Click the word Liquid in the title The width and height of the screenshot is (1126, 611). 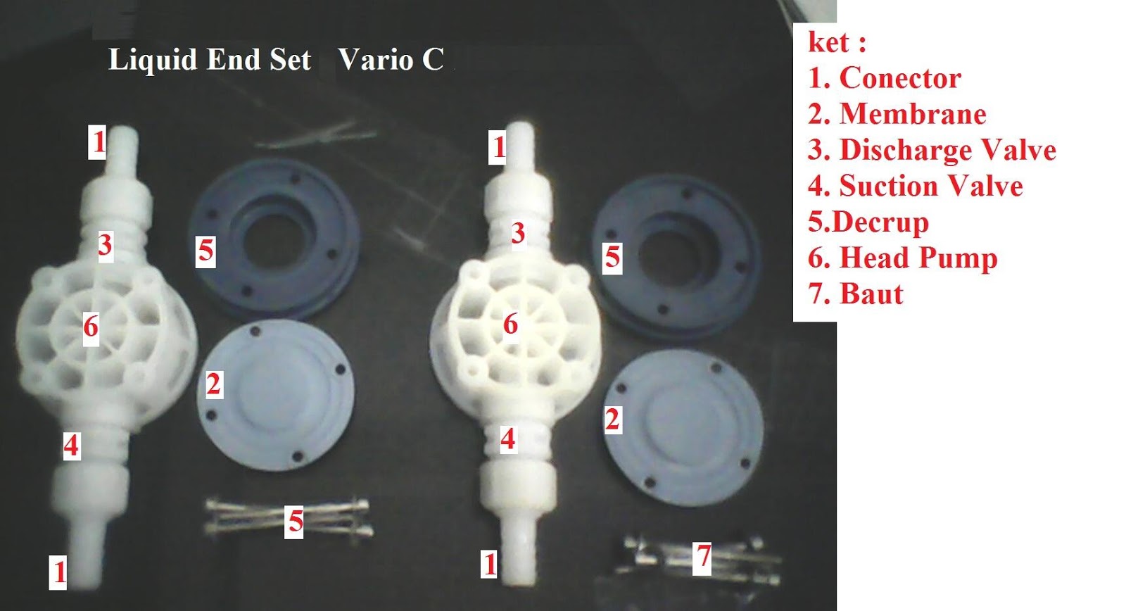click(x=153, y=60)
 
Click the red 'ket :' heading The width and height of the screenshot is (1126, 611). click(x=837, y=42)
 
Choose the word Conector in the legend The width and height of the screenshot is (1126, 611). click(x=900, y=78)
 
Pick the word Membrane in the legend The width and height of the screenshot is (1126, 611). click(x=913, y=114)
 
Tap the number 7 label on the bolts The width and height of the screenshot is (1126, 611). click(x=702, y=556)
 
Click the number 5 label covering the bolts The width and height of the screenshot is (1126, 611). click(x=295, y=521)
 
